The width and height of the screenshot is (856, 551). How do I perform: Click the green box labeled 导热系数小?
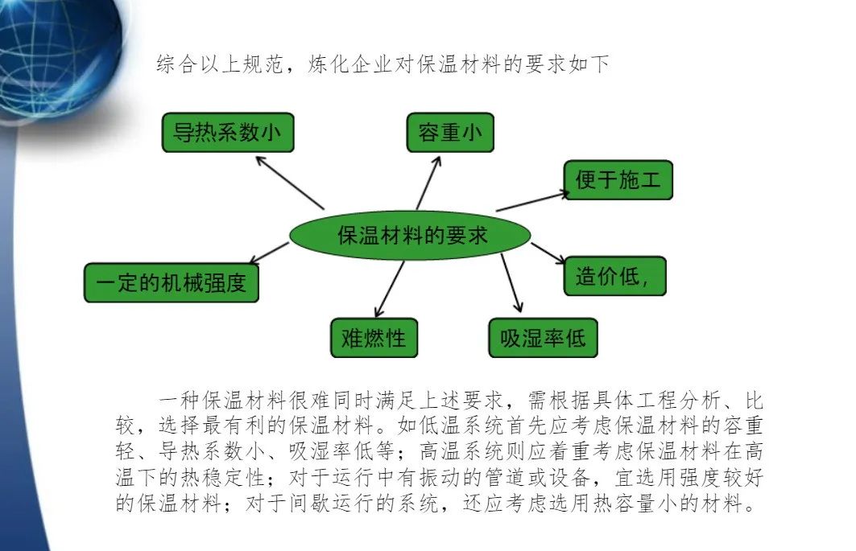(x=228, y=133)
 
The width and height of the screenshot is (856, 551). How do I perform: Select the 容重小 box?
(x=450, y=133)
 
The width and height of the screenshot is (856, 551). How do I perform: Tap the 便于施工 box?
(x=618, y=180)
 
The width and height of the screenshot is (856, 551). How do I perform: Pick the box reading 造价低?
(x=614, y=276)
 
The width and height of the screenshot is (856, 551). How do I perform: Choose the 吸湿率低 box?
(x=544, y=338)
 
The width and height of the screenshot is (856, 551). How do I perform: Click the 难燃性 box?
(x=374, y=338)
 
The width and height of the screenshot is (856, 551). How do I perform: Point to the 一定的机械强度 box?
(x=172, y=282)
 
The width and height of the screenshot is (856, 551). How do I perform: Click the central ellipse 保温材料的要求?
(x=410, y=235)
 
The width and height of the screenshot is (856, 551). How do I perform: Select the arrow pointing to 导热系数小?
(x=290, y=183)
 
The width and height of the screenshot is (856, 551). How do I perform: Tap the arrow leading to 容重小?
(x=428, y=183)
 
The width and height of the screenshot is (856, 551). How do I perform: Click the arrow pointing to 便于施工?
(x=533, y=201)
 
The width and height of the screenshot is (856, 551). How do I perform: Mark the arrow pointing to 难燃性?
(x=390, y=289)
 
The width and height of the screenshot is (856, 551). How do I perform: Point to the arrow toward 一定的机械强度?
(x=269, y=253)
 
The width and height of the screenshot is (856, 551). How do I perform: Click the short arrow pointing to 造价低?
(x=548, y=253)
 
